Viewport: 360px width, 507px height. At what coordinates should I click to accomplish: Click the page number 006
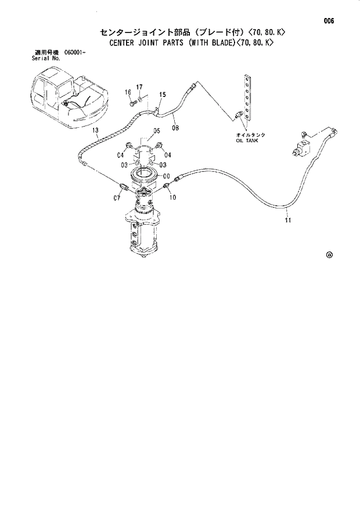click(329, 21)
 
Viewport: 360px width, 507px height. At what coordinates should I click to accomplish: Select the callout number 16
click(127, 92)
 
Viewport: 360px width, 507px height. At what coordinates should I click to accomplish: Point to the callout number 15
click(162, 95)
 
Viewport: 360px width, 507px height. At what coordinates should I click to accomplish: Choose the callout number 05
click(157, 131)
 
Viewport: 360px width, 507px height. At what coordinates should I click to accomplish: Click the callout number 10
click(172, 197)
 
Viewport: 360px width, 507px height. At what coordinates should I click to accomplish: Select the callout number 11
click(289, 220)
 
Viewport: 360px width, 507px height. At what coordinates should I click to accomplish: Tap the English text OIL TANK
click(246, 141)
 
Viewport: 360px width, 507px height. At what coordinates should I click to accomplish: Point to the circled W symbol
click(329, 254)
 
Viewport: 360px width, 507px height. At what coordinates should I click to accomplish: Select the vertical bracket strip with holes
click(248, 98)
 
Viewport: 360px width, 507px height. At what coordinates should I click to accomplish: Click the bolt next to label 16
click(133, 103)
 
